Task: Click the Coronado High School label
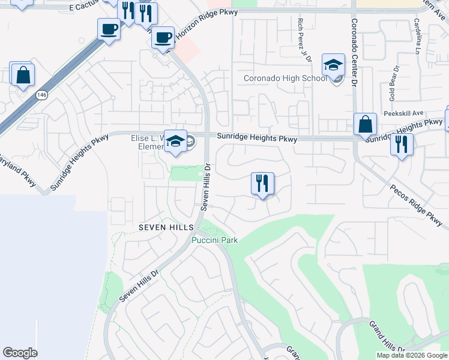[x=285, y=79]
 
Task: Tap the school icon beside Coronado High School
[x=333, y=65]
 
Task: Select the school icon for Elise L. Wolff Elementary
[x=175, y=141]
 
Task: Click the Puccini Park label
[x=215, y=241]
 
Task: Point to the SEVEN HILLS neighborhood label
[x=166, y=227]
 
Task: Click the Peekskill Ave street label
[x=405, y=113]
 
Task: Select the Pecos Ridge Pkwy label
[x=416, y=196]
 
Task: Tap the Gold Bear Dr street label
[x=393, y=84]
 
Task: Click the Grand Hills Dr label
[x=387, y=335]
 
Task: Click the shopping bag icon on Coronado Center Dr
[x=365, y=125]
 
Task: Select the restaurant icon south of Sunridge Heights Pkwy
[x=262, y=184]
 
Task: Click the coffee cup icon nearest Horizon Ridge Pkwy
[x=162, y=38]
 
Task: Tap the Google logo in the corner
[x=20, y=353]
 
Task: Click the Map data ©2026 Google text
[x=412, y=355]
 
